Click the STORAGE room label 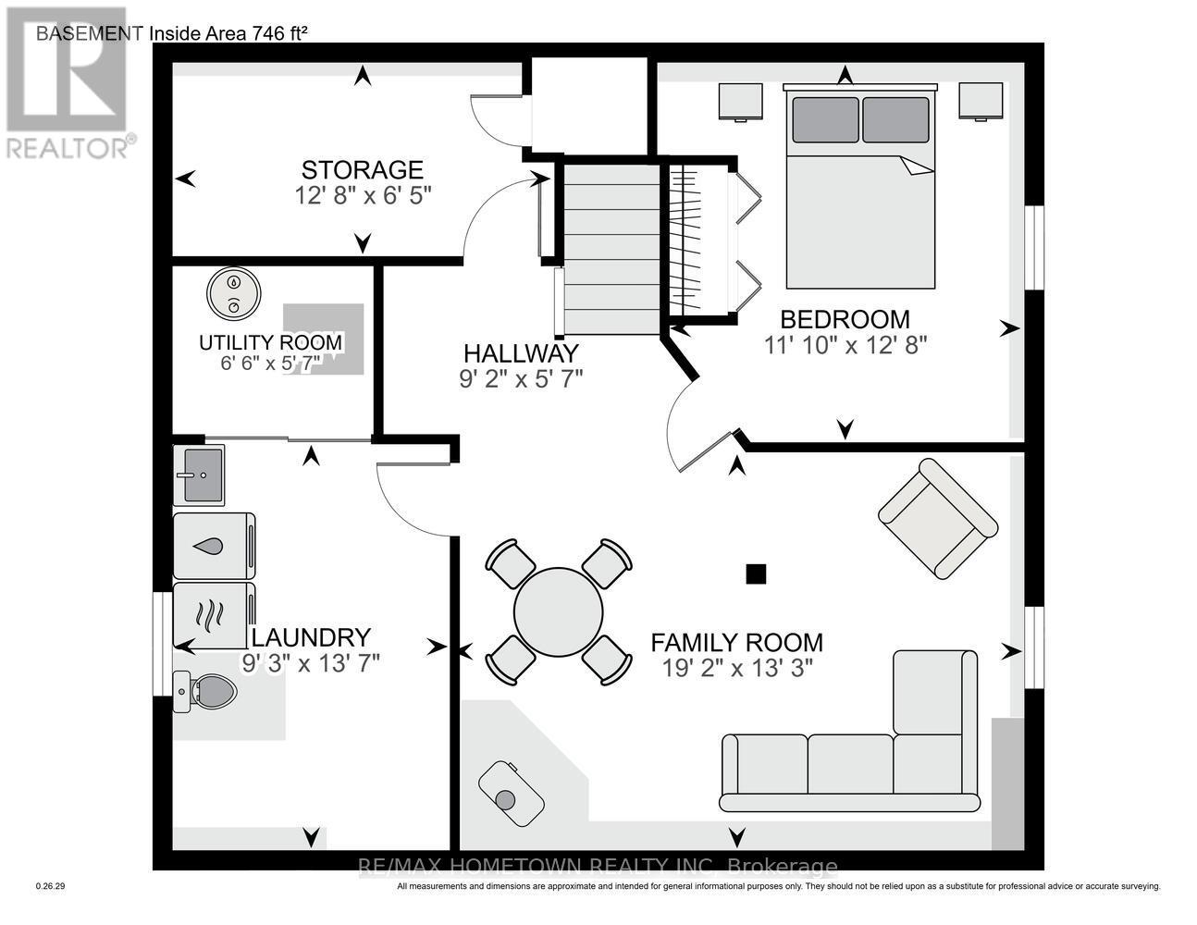[362, 169]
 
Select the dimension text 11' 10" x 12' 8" [845, 344]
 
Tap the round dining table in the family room [558, 611]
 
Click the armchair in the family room [937, 519]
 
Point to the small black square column [756, 574]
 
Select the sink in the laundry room [199, 475]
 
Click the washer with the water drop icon [214, 546]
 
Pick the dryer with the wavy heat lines [214, 611]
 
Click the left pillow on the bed [824, 119]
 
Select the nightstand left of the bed [741, 102]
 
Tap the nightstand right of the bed [981, 101]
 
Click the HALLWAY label [520, 353]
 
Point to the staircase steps [611, 249]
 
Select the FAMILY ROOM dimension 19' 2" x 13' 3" [736, 668]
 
